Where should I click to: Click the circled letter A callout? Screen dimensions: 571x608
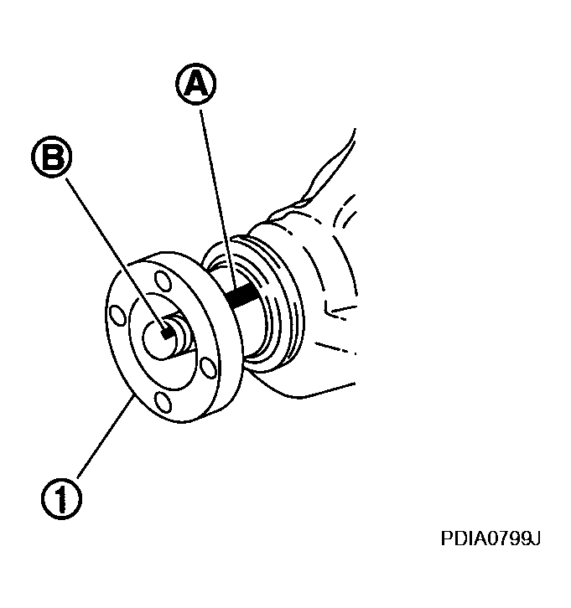pyautogui.click(x=196, y=84)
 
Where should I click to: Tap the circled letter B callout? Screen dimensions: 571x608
pyautogui.click(x=52, y=157)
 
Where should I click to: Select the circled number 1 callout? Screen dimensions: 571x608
pyautogui.click(x=61, y=498)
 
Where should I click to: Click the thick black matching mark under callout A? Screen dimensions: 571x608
pyautogui.click(x=241, y=296)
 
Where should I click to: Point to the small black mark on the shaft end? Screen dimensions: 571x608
pyautogui.click(x=168, y=332)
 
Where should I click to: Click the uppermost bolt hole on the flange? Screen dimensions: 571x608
pyautogui.click(x=163, y=281)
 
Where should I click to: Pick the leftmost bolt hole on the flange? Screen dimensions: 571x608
pyautogui.click(x=117, y=315)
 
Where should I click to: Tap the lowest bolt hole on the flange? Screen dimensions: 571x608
pyautogui.click(x=163, y=403)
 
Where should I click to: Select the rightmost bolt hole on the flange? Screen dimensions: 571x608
pyautogui.click(x=209, y=368)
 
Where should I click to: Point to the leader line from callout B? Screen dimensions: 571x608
pyautogui.click(x=116, y=253)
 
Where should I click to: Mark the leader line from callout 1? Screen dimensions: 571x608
pyautogui.click(x=106, y=435)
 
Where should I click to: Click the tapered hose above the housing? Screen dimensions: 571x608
pyautogui.click(x=315, y=178)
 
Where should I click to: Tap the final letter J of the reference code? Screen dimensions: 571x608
pyautogui.click(x=535, y=538)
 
